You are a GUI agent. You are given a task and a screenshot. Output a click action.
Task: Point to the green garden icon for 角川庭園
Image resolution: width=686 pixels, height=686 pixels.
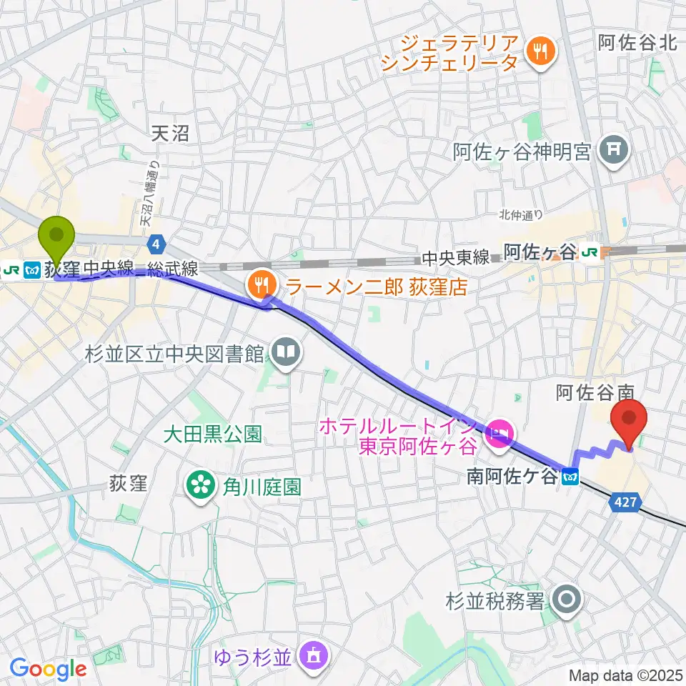point(198,487)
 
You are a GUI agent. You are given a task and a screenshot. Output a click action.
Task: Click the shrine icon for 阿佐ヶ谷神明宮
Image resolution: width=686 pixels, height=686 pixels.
point(612,151)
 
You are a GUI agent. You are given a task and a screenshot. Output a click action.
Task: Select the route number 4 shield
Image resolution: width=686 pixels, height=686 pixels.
point(156,244)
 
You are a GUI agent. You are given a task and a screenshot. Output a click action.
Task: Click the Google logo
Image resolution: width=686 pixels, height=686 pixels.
point(48,669)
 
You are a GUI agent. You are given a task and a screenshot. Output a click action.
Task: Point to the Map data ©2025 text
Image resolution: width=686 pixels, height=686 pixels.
point(625,675)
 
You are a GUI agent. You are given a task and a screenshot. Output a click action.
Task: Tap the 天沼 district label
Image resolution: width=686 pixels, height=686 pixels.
point(170,133)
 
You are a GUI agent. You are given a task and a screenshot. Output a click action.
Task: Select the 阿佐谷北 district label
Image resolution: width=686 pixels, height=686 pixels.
point(637,43)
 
